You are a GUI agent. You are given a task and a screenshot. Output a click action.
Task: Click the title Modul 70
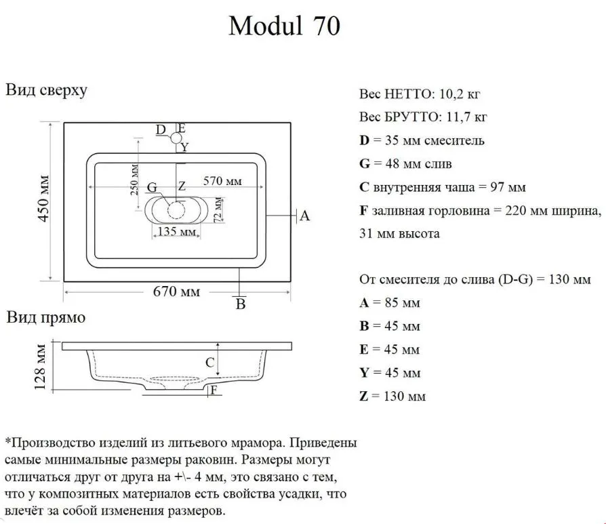click(285, 26)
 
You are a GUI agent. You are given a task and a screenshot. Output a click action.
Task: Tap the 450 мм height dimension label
click(43, 199)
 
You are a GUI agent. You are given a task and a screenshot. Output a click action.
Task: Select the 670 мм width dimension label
click(177, 291)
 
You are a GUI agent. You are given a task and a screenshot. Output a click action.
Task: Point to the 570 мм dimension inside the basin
click(222, 181)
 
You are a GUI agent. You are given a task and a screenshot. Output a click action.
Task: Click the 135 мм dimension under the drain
click(177, 231)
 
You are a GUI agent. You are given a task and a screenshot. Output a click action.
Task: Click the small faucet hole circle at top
click(176, 138)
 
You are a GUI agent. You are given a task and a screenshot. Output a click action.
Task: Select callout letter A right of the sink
click(305, 216)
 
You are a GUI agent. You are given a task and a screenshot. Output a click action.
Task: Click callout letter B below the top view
click(241, 304)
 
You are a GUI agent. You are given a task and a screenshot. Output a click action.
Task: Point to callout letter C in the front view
click(210, 363)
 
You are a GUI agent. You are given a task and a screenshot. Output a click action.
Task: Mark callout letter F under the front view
click(214, 390)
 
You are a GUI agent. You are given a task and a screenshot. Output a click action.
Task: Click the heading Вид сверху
click(46, 90)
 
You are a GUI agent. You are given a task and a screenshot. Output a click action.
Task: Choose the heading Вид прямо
click(45, 318)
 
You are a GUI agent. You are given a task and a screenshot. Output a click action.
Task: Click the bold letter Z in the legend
click(364, 396)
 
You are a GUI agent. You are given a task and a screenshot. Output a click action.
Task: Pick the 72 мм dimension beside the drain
click(218, 209)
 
